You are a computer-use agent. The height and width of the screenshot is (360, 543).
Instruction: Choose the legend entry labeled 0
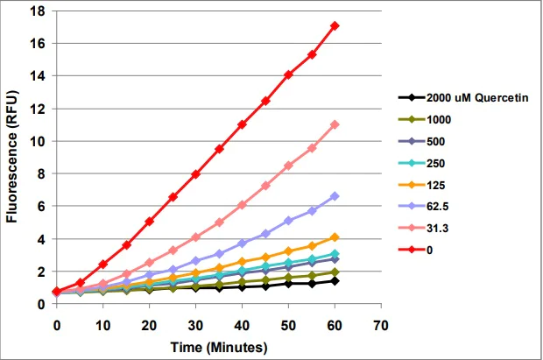[x=430, y=249]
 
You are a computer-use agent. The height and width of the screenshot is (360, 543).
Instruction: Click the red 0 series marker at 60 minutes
[x=335, y=25]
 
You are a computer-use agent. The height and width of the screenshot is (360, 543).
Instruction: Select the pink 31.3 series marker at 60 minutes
[x=335, y=124]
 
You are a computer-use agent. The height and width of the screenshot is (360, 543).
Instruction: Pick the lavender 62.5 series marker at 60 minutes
[x=335, y=196]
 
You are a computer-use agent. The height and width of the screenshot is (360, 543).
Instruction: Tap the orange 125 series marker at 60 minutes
[x=335, y=237]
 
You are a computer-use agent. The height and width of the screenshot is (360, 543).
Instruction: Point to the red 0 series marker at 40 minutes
[x=242, y=124]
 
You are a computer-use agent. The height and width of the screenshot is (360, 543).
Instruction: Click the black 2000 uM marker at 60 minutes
[x=335, y=280]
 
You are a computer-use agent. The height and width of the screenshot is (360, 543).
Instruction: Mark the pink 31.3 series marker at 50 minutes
[x=288, y=165]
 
